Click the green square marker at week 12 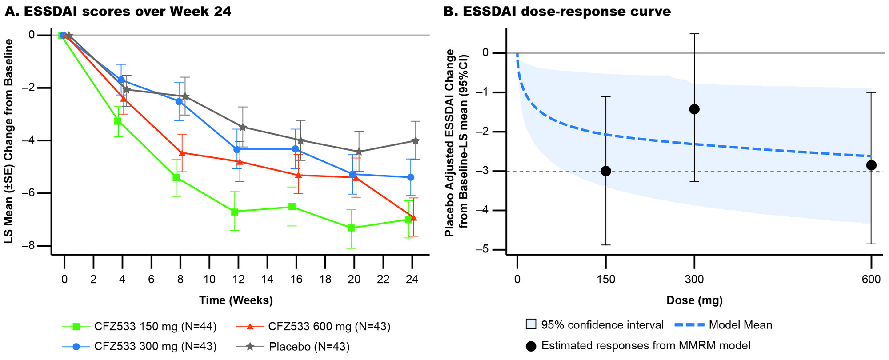pyautogui.click(x=235, y=212)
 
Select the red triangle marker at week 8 pyautogui.click(x=182, y=153)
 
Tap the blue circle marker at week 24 pyautogui.click(x=411, y=177)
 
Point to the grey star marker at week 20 pyautogui.click(x=359, y=152)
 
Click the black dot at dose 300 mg pyautogui.click(x=694, y=109)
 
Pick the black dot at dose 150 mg pyautogui.click(x=605, y=171)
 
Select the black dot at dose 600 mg pyautogui.click(x=871, y=165)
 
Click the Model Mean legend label pyautogui.click(x=740, y=325)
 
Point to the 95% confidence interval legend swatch pyautogui.click(x=531, y=324)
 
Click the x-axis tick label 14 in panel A pyautogui.click(x=268, y=280)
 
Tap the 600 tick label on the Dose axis pyautogui.click(x=871, y=280)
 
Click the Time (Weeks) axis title pyautogui.click(x=236, y=300)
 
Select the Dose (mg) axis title pyautogui.click(x=694, y=300)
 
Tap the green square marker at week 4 pyautogui.click(x=118, y=121)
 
